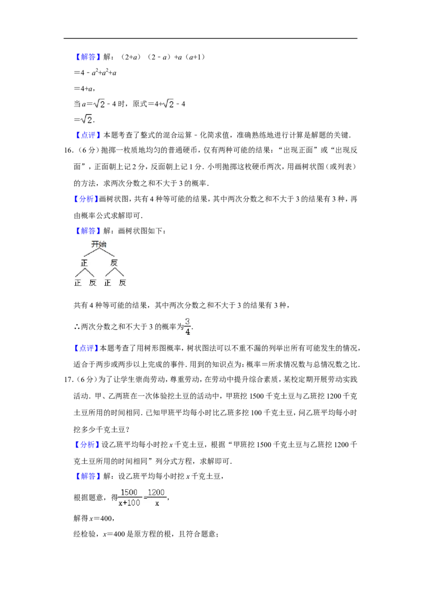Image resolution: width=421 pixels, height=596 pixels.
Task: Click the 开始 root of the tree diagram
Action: [x=99, y=244]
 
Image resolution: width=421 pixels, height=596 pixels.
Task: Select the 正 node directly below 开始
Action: [x=84, y=263]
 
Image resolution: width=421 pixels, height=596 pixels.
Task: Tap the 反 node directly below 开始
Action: [x=114, y=263]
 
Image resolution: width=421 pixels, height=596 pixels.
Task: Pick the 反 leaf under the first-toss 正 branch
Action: [x=92, y=283]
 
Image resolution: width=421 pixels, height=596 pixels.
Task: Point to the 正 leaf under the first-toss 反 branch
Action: [x=107, y=283]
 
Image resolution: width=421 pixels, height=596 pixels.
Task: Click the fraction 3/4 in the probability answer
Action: [x=187, y=326]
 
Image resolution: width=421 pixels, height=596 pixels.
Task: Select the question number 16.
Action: [x=68, y=151]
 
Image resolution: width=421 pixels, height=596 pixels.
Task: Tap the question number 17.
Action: [x=68, y=380]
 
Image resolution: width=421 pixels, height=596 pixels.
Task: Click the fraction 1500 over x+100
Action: [x=129, y=498]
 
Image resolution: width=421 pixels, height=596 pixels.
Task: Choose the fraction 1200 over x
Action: [x=156, y=498]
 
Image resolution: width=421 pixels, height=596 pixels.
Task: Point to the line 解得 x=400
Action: [x=94, y=518]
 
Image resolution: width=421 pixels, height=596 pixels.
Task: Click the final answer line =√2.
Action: [x=84, y=120]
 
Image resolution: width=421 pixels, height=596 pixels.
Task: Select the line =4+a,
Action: [x=84, y=88]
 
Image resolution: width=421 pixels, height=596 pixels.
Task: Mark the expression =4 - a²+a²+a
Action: [x=95, y=72]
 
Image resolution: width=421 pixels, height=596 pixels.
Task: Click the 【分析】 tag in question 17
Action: [x=86, y=445]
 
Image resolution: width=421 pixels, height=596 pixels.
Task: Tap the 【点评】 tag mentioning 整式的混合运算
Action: [x=87, y=135]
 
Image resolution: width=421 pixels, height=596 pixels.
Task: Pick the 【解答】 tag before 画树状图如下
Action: [x=87, y=231]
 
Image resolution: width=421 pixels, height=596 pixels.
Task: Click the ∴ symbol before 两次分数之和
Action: [x=77, y=327]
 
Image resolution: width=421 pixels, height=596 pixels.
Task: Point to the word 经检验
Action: [x=84, y=534]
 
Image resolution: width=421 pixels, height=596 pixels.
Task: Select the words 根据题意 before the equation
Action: [x=88, y=498]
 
